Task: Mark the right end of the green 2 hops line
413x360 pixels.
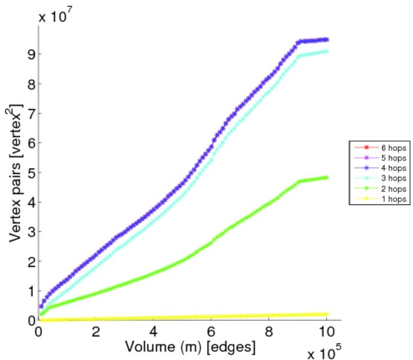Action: pyautogui.click(x=327, y=178)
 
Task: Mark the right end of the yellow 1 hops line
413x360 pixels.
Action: pyautogui.click(x=327, y=314)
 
